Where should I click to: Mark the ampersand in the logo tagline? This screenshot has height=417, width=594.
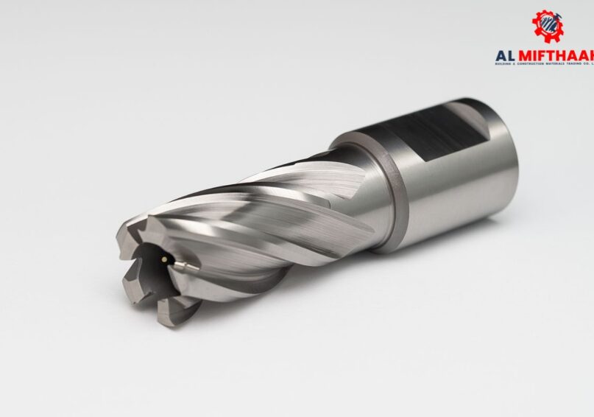515,63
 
